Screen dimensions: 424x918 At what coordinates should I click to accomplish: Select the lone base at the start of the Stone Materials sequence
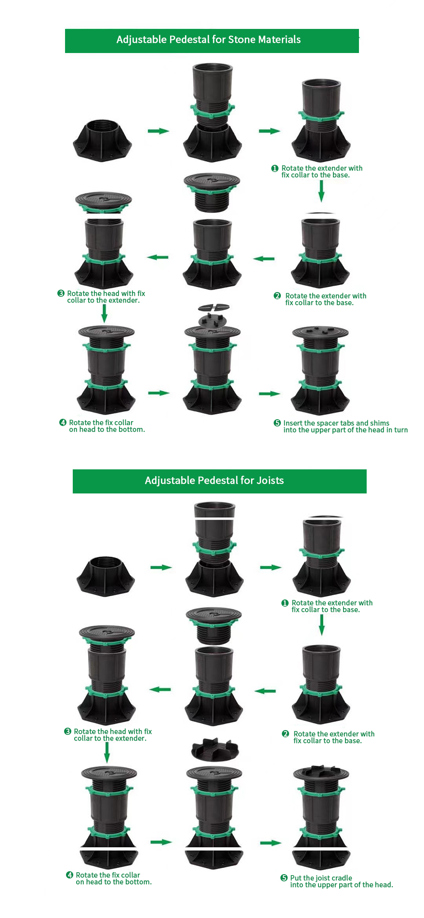tap(102, 140)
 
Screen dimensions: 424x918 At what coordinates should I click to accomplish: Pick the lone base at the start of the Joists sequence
tap(106, 576)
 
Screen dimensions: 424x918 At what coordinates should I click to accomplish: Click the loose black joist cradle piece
tap(214, 749)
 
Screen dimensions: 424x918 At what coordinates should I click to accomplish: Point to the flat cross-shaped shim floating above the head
tap(214, 306)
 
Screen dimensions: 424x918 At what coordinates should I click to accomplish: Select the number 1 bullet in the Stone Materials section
tap(275, 168)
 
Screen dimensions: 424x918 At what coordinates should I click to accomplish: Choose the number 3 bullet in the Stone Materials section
tap(61, 293)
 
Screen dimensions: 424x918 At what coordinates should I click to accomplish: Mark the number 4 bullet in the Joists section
tap(69, 875)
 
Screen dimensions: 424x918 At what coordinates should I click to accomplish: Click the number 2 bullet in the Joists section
tap(285, 734)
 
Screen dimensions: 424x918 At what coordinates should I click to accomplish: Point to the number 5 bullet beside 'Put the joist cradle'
tap(284, 878)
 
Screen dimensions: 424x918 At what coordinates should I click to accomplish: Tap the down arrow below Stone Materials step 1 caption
tap(321, 191)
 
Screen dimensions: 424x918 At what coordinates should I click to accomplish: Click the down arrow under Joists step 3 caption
tap(107, 753)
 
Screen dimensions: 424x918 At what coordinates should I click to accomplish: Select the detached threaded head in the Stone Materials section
tap(212, 193)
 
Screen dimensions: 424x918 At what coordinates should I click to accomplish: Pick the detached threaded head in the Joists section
tap(213, 626)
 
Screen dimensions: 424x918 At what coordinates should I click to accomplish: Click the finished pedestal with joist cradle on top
tap(321, 816)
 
